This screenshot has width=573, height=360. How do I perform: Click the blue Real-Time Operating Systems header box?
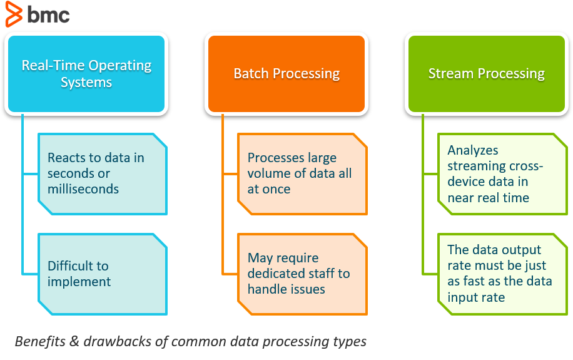[x=86, y=74]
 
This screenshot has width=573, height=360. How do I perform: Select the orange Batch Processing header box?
[x=286, y=74]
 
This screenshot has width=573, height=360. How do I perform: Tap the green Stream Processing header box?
[x=487, y=74]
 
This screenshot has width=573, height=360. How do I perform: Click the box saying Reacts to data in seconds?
[x=103, y=173]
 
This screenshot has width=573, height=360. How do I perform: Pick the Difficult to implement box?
[x=103, y=274]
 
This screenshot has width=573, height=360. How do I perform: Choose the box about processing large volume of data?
[x=302, y=173]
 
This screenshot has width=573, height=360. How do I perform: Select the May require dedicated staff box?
[x=302, y=274]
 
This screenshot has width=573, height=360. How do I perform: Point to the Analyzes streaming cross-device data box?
[x=502, y=173]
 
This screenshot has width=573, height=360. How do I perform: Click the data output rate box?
[x=502, y=274]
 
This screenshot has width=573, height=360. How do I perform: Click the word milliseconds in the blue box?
[x=83, y=189]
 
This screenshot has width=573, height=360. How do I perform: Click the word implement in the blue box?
[x=79, y=282]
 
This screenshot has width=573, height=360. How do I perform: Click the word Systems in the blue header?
[x=86, y=83]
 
